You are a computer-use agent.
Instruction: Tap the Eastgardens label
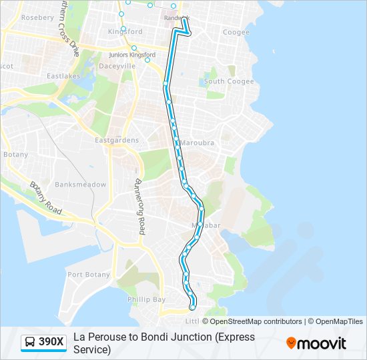(117, 140)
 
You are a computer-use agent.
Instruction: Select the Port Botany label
(89, 275)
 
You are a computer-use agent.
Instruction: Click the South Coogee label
(229, 81)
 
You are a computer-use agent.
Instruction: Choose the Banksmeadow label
(80, 184)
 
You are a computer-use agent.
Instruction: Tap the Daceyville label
(117, 66)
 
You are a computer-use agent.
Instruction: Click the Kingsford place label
(125, 31)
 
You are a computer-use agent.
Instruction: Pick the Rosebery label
(37, 17)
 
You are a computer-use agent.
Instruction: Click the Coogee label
(236, 32)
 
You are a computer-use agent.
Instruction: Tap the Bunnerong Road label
(140, 206)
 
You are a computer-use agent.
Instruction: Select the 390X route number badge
(51, 343)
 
